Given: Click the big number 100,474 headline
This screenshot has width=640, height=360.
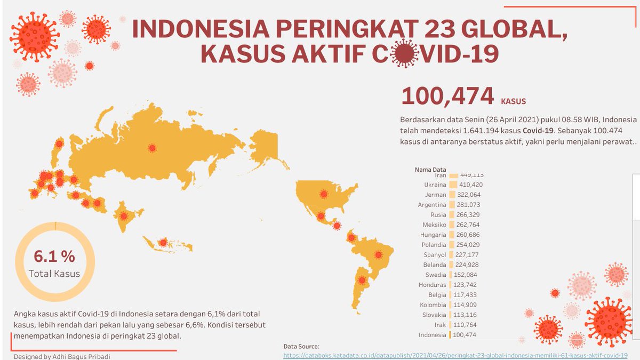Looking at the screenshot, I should (447, 96).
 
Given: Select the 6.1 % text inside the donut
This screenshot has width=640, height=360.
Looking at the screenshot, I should (54, 257).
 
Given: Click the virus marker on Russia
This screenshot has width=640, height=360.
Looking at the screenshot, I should (152, 148).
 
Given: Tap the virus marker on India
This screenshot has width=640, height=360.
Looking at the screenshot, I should (124, 216).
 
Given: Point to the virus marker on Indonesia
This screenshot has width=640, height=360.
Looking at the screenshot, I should (163, 243).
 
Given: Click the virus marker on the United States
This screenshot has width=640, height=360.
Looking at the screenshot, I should (323, 195).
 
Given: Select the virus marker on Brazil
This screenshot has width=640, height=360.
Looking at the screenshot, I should (379, 255).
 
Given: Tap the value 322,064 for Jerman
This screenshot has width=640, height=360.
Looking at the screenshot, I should (469, 195).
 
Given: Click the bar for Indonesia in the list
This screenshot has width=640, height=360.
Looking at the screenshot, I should (450, 335).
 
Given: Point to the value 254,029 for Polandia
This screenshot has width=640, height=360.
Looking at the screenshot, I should (469, 245).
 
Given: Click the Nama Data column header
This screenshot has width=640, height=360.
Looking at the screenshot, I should (430, 170).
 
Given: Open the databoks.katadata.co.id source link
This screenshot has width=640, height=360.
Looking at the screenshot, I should (455, 355).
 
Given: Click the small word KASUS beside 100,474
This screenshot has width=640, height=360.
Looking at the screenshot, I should (514, 100).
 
